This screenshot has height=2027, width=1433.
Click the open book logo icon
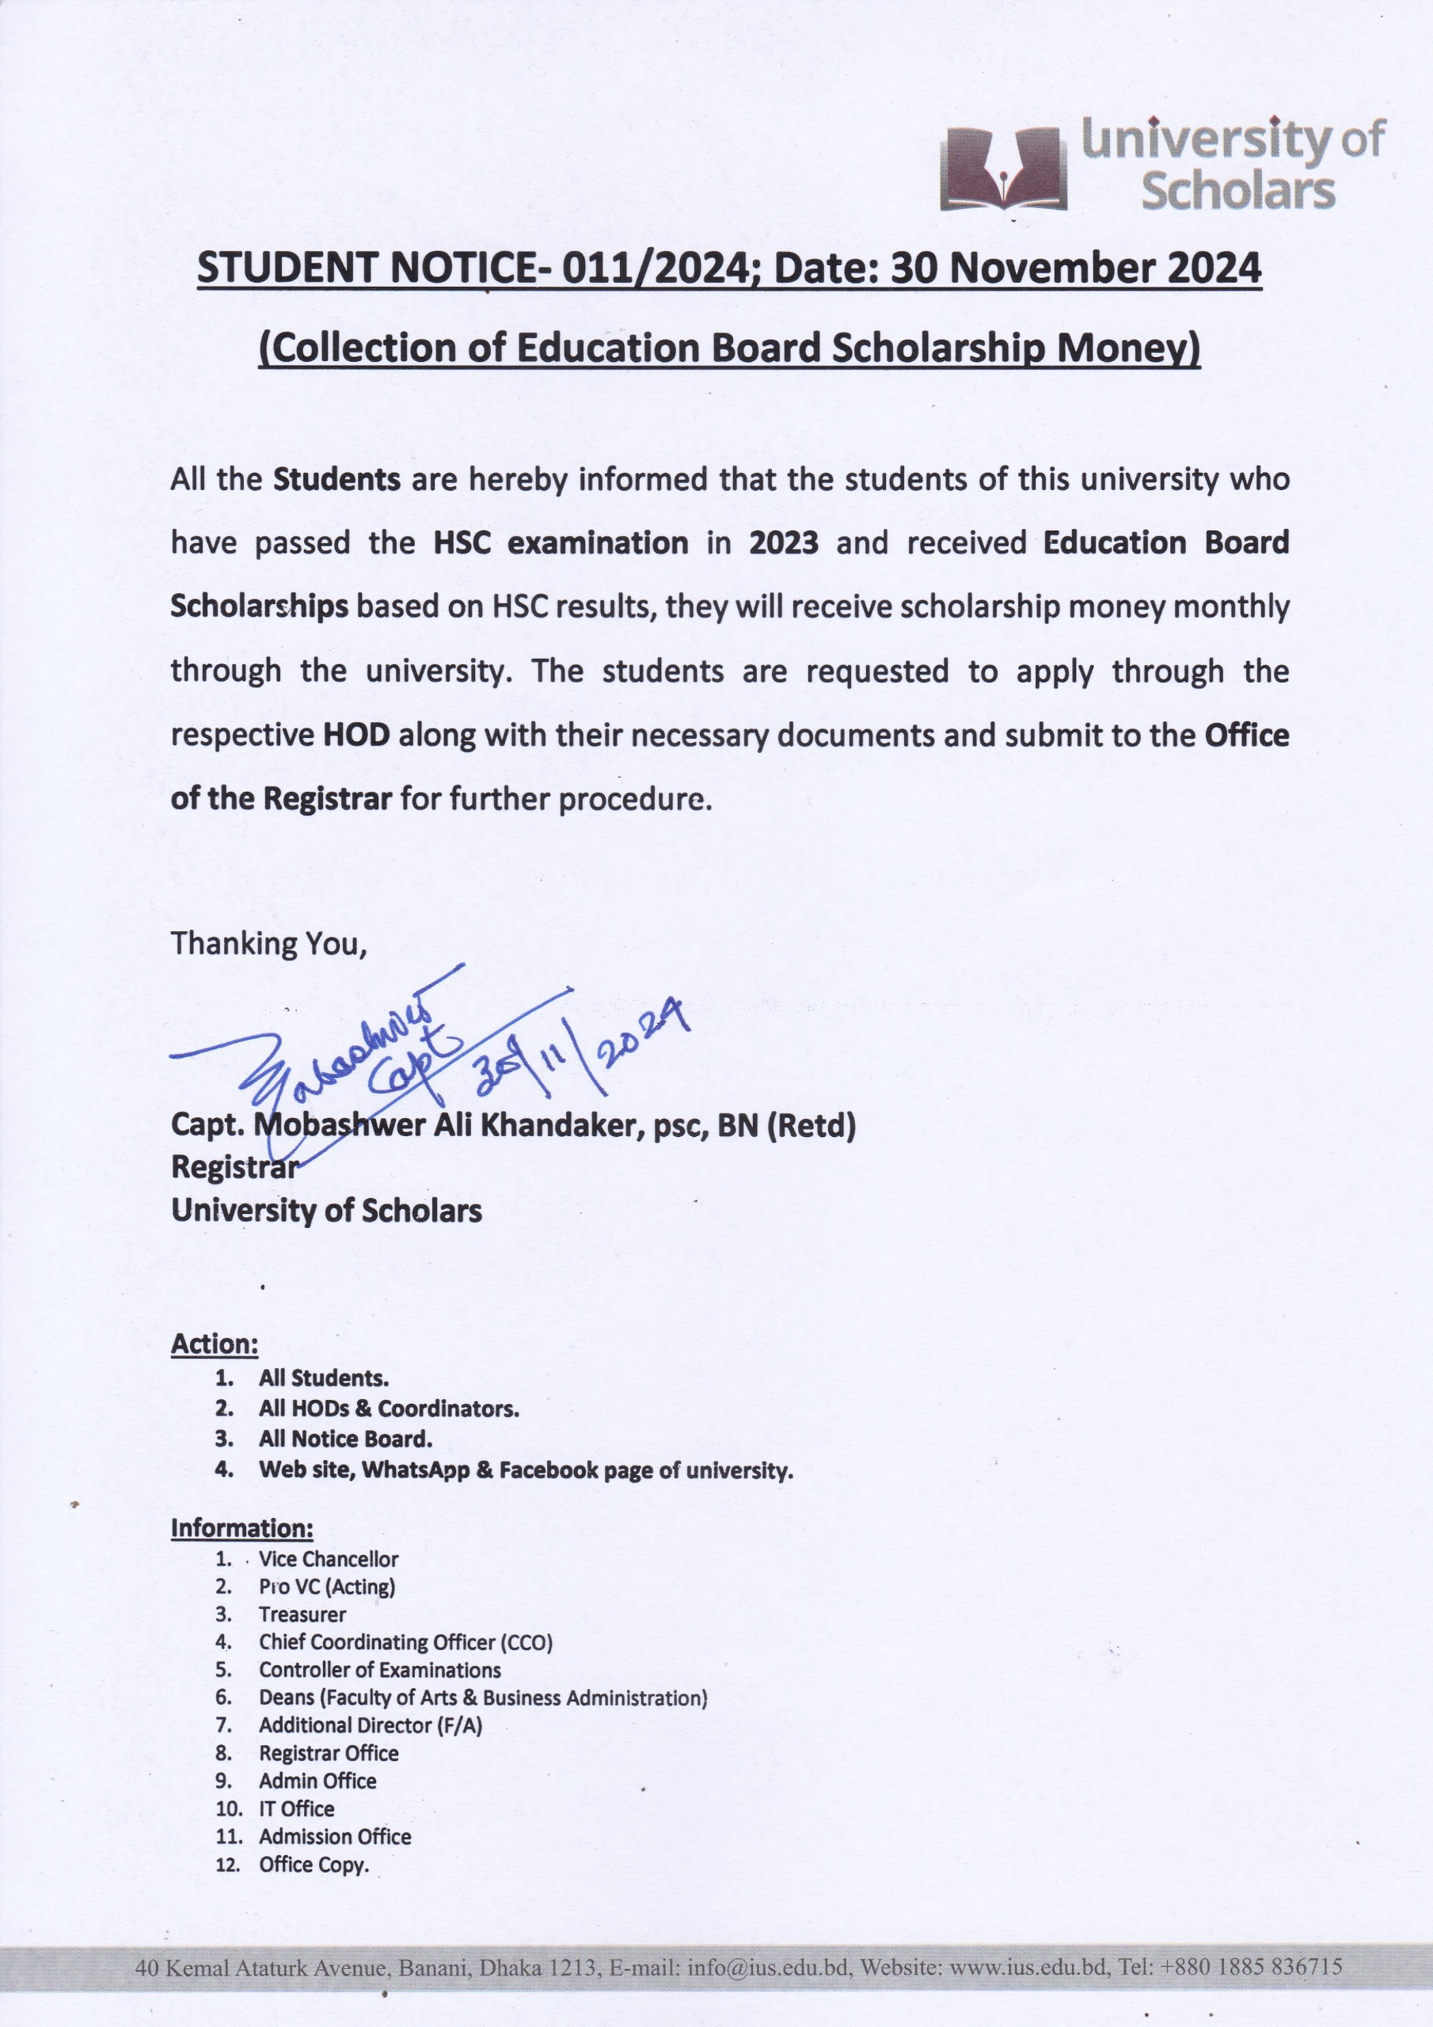(1003, 168)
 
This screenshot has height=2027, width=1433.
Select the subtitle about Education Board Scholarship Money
(729, 348)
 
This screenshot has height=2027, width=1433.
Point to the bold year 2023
(783, 542)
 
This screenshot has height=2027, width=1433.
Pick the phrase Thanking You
(268, 944)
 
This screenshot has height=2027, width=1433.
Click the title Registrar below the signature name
(235, 1167)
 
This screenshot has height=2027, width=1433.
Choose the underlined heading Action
(215, 1344)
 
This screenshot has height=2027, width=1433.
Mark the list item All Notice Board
(345, 1439)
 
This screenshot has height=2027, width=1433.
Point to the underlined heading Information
(242, 1528)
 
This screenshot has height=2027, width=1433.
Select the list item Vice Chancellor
(329, 1559)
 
